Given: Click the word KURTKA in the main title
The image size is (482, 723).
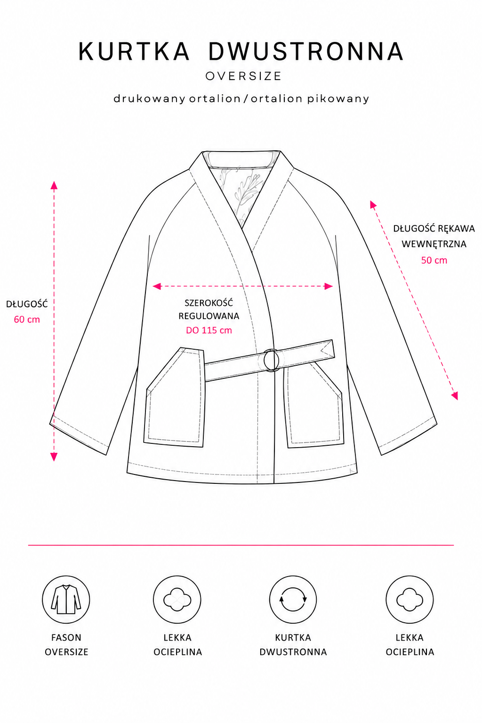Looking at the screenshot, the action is pos(134,51).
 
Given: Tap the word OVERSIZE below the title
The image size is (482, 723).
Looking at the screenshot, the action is pos(244,76).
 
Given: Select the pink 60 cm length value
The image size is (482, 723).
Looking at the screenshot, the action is pos(27,320).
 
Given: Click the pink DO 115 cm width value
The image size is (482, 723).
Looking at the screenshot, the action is pos(209,330).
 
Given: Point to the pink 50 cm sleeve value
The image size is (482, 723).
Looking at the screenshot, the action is pos(434,260).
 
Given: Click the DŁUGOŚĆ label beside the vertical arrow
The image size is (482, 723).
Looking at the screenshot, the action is pos(27,304).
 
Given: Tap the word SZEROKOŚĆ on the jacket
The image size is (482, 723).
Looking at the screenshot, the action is pos(209,303).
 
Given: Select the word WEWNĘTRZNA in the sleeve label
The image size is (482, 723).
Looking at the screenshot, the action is pos(434,244).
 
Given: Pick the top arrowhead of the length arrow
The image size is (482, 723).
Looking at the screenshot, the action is pos(54,185).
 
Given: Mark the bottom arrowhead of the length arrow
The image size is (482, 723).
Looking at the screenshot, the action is pos(54,457).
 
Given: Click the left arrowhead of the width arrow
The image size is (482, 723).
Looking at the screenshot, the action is pos(157,286).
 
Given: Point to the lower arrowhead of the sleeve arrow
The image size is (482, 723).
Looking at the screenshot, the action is pos(455,396).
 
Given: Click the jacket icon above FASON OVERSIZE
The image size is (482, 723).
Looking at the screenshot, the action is pos(66,600).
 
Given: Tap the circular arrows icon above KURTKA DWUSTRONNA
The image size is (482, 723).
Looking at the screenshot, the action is pos(293,600).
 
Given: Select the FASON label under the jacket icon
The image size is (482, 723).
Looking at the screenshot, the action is pos(66,637).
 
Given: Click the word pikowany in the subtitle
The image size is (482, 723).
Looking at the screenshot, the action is pos(338,99).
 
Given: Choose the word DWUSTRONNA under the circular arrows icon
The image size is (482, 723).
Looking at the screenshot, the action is pos(293,651).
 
